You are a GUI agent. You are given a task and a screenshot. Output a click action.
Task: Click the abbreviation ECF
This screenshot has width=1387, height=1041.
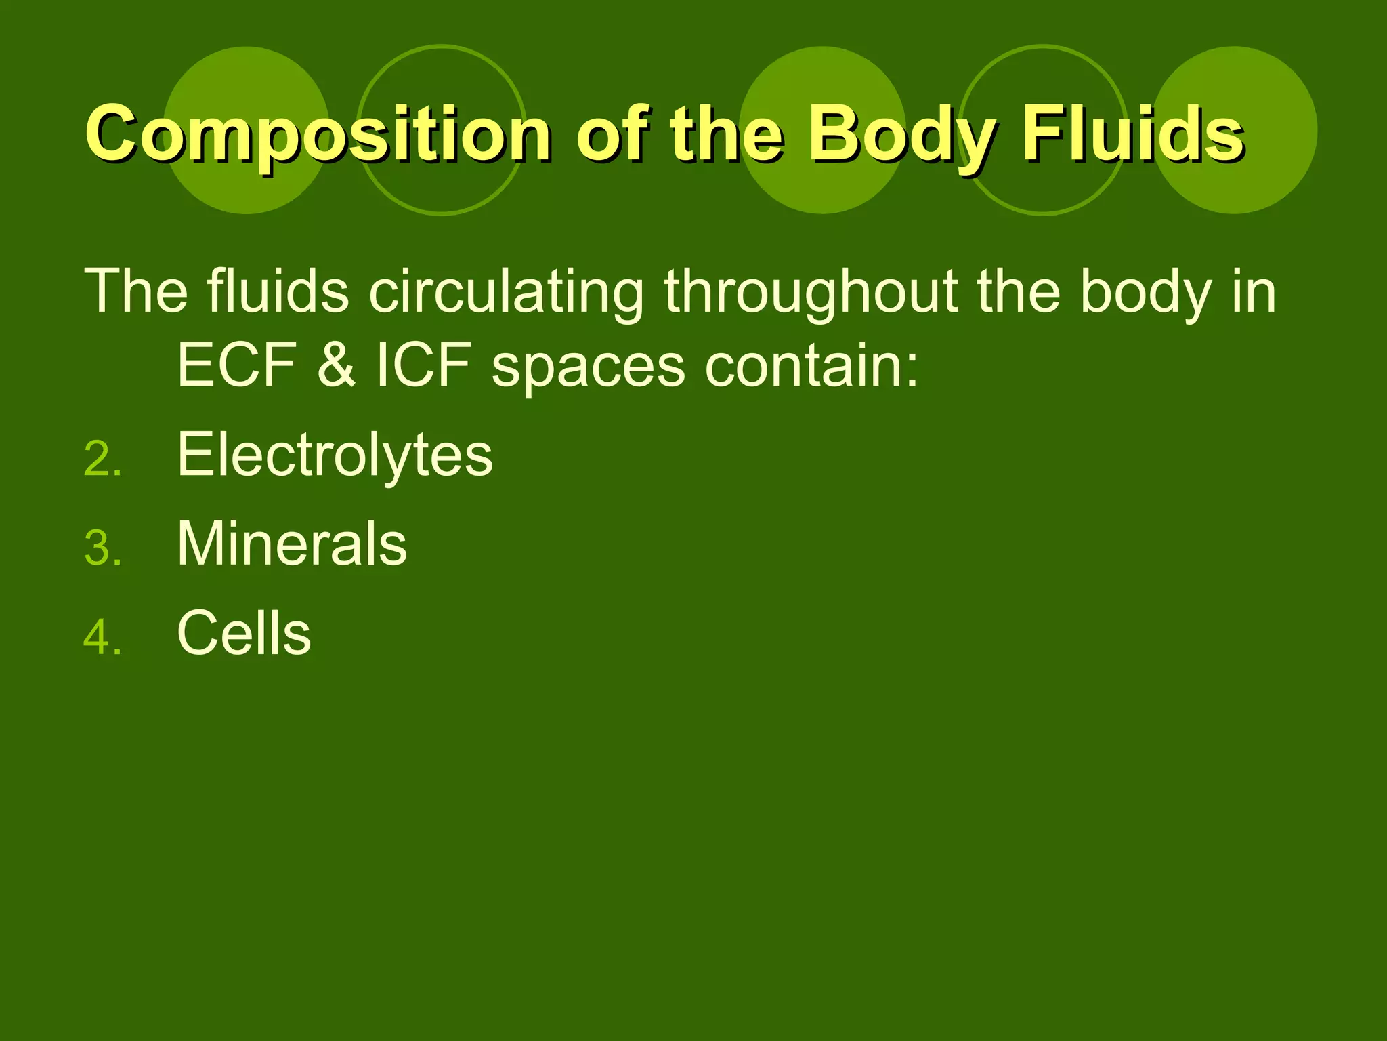tap(236, 365)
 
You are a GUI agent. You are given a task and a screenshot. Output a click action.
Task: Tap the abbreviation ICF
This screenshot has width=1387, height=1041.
tap(423, 365)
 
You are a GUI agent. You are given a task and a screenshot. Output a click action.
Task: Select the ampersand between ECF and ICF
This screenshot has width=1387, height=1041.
tap(336, 365)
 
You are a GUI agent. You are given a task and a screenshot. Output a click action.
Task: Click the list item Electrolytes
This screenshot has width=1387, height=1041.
tap(335, 455)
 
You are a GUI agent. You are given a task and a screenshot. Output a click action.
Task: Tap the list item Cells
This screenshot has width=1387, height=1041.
tap(244, 633)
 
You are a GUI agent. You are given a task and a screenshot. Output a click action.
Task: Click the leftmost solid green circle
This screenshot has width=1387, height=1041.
tap(247, 75)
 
